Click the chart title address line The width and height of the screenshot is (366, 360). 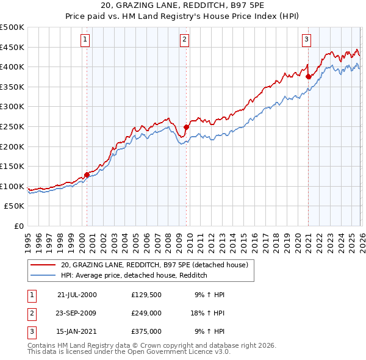pyautogui.click(x=183, y=7)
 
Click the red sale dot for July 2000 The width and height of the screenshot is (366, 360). pyautogui.click(x=87, y=175)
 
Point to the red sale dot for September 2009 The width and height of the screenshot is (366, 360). pyautogui.click(x=186, y=127)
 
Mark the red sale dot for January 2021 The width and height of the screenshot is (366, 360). pyautogui.click(x=308, y=77)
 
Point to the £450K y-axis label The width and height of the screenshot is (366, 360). pyautogui.click(x=13, y=47)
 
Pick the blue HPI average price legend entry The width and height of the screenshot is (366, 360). pyautogui.click(x=134, y=276)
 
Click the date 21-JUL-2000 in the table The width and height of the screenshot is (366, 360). pyautogui.click(x=77, y=295)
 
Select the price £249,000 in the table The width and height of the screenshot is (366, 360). pyautogui.click(x=146, y=313)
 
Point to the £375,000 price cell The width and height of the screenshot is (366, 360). pyautogui.click(x=146, y=331)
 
